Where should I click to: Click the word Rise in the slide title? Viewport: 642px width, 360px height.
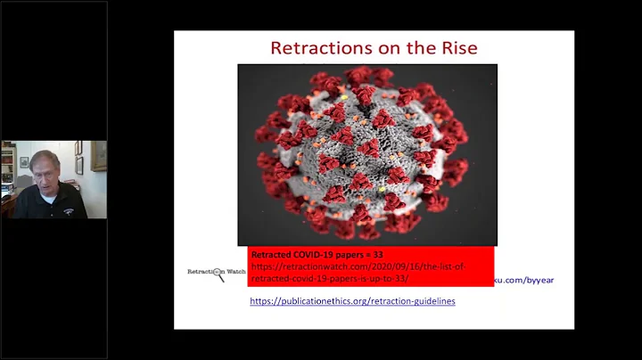tap(454, 47)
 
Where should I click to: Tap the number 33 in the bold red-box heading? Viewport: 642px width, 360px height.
tap(378, 253)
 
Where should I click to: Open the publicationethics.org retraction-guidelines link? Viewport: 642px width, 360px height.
tap(352, 301)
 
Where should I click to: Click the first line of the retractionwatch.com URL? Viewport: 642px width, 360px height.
tap(358, 266)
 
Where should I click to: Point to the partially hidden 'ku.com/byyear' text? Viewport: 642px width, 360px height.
tap(523, 280)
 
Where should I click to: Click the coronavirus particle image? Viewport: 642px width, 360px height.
tap(366, 153)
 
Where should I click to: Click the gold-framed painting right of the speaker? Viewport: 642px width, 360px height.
tap(98, 156)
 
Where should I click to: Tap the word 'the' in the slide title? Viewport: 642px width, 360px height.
tap(417, 47)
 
